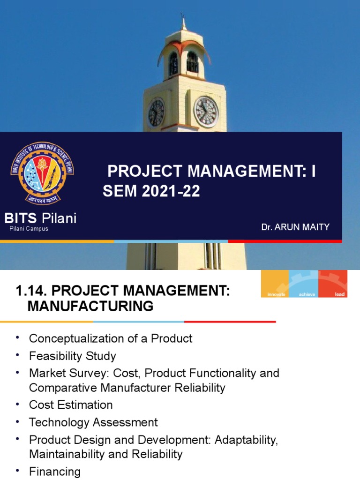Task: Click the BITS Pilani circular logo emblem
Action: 42,173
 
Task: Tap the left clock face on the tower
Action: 156,112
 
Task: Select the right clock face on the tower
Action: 206,112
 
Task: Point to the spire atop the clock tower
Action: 183,23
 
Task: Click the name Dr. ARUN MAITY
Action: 295,227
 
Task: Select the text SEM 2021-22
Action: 151,191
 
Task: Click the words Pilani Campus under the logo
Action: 29,229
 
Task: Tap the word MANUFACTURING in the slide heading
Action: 90,307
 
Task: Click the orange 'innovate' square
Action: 275,284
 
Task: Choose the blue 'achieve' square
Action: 304,284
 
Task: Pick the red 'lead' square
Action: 333,284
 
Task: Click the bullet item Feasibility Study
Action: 72,356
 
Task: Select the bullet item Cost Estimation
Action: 71,405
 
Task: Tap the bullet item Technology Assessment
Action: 93,422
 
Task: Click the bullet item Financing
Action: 55,471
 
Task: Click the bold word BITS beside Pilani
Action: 22,218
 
